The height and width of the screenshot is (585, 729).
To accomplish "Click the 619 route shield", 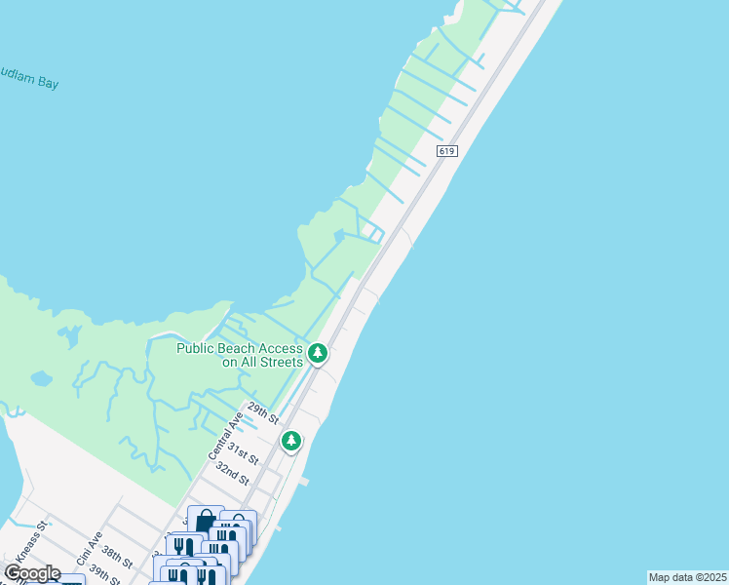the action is [x=447, y=151].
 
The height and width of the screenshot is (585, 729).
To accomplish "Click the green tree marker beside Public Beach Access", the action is [x=317, y=354].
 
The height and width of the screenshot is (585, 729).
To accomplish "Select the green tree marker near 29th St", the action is [x=290, y=442].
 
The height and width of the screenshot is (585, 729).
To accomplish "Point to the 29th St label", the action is [x=263, y=412].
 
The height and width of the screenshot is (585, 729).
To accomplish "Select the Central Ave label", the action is [x=224, y=436].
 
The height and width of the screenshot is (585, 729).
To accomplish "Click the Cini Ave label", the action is [x=90, y=549].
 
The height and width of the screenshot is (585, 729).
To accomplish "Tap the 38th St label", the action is [x=117, y=557].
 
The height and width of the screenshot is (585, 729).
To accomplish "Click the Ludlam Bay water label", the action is [x=29, y=81].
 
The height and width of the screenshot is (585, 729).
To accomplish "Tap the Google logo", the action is [x=32, y=572].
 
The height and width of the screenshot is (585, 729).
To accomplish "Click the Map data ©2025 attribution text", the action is [x=687, y=577].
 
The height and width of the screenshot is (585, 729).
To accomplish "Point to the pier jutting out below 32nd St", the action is [x=305, y=481].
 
